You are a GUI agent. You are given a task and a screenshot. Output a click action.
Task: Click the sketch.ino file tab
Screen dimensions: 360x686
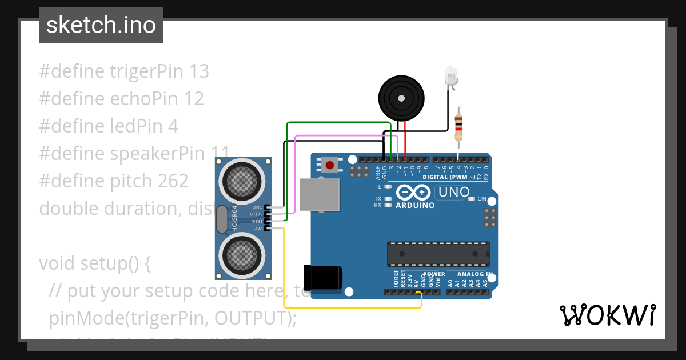[x=101, y=25]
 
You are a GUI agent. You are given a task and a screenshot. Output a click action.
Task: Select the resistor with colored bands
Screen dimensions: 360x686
[x=458, y=127]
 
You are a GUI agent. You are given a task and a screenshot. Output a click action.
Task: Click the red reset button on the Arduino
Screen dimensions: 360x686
[x=329, y=166]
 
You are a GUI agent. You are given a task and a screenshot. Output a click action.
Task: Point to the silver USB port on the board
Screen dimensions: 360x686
[x=319, y=194]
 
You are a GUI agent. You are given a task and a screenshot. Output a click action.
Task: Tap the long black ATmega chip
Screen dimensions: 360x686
[x=438, y=254]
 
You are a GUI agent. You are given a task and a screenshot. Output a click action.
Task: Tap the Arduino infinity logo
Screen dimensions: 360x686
[x=414, y=193]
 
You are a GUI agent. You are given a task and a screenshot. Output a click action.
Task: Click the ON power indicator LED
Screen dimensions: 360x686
[x=471, y=199]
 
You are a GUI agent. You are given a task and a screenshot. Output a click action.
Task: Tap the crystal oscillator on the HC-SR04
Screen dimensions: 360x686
[x=222, y=219]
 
